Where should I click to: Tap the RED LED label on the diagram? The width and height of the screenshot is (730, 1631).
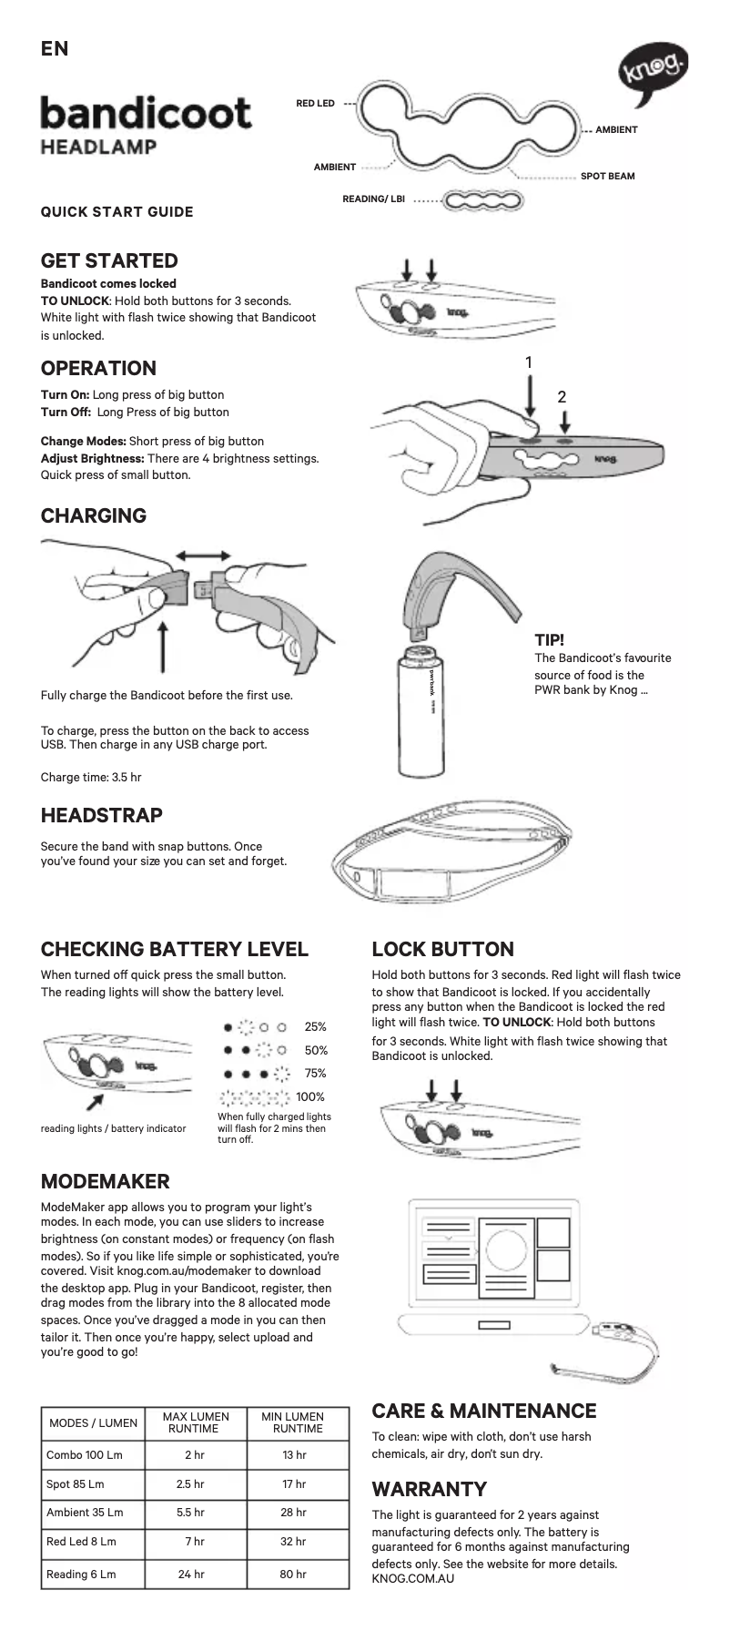pos(316,104)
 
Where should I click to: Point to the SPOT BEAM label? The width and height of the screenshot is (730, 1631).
pos(608,176)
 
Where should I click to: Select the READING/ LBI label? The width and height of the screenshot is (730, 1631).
pos(373,199)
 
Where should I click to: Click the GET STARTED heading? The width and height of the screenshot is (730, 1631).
pos(109,260)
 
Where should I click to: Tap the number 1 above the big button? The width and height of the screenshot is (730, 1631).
pos(529,362)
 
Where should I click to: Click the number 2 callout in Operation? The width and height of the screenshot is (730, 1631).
pos(562,397)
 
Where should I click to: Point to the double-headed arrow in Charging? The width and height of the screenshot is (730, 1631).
pos(203,556)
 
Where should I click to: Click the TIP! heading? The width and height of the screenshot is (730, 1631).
pos(549,640)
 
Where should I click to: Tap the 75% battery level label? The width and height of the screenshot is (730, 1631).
pos(315,1073)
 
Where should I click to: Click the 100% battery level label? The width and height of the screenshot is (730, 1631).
pos(310,1096)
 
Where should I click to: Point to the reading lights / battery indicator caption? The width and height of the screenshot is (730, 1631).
pos(113,1128)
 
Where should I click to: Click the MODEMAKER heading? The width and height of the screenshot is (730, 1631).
pos(106,1181)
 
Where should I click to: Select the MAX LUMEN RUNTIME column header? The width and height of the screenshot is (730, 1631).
pos(196,1422)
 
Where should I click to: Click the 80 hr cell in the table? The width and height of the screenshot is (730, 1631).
pos(293,1574)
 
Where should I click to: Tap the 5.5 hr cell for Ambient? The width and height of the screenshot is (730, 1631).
pos(190,1513)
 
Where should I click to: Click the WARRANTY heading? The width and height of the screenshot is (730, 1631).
pos(430,1489)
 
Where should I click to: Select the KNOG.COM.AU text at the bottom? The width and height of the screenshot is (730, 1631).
pos(413,1578)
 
